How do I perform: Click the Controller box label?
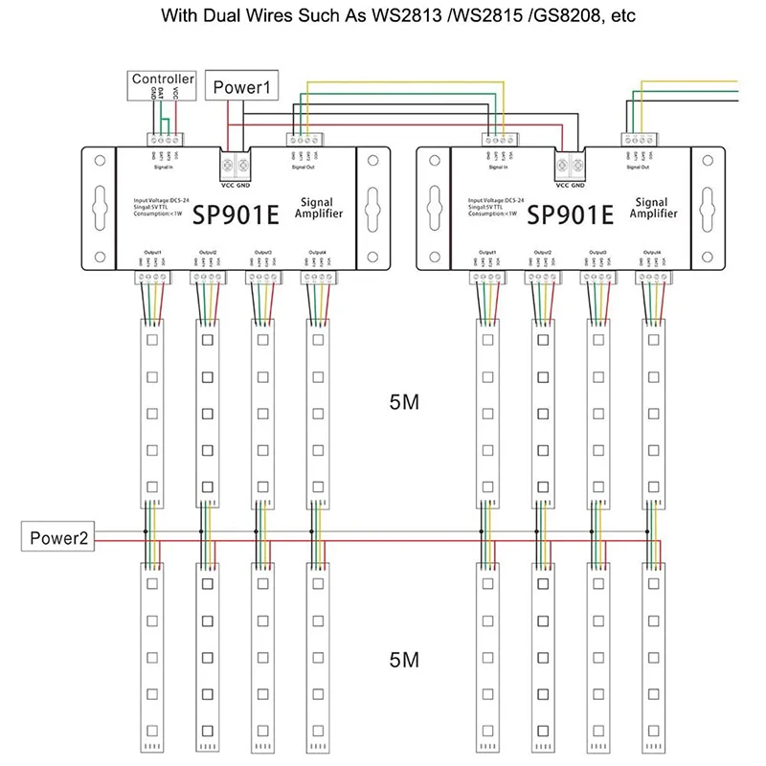point(163,79)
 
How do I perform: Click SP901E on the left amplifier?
point(236,214)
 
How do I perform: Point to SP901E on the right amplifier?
point(570,214)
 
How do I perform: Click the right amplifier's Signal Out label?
point(638,167)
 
